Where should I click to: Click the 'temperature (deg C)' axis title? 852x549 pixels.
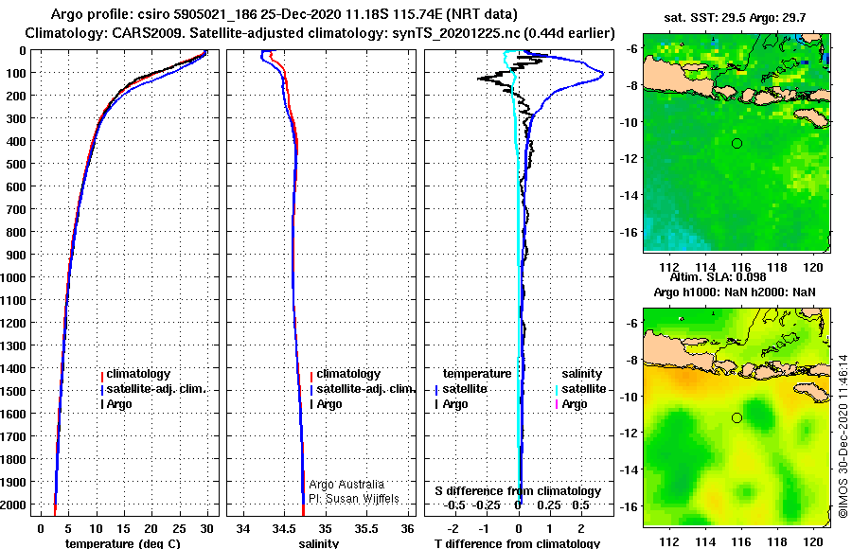point(123,543)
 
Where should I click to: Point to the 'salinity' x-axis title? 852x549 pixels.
point(318,543)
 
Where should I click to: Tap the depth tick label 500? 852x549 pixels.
point(16,164)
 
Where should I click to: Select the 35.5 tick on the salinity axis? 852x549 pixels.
point(366,528)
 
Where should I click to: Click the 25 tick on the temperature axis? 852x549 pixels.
point(179,528)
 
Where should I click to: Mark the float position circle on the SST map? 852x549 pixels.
point(737,144)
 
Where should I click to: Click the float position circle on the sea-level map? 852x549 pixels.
point(737,418)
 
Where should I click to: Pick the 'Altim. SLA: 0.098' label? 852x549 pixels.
point(718,277)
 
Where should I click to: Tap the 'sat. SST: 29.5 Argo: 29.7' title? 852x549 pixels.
point(735,18)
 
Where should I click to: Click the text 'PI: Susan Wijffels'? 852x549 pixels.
point(354,499)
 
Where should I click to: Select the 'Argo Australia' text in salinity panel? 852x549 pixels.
point(346,485)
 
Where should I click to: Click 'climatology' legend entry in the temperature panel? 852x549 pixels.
point(138,374)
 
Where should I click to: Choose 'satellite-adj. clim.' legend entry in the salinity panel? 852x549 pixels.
point(365,389)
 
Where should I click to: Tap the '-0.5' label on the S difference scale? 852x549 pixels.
point(454,505)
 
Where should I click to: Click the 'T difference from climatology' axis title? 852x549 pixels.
point(517,543)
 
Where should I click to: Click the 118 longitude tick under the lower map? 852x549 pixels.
point(777,541)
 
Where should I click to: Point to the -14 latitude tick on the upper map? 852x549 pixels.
point(630,195)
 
